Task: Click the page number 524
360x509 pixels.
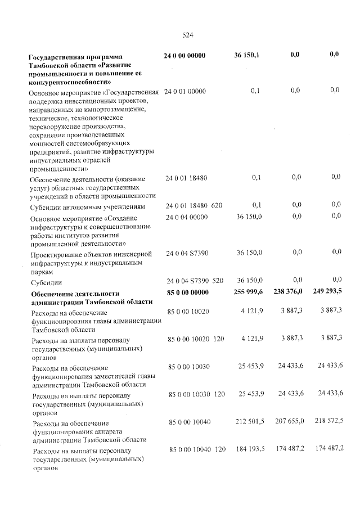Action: pos(188,35)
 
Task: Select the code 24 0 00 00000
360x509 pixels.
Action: pos(184,56)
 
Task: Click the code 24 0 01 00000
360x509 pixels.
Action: pos(186,91)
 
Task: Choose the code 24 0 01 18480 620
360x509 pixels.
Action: pos(194,206)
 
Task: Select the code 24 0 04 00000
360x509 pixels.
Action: pos(186,217)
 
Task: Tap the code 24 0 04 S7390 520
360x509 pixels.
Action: pos(195,280)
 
